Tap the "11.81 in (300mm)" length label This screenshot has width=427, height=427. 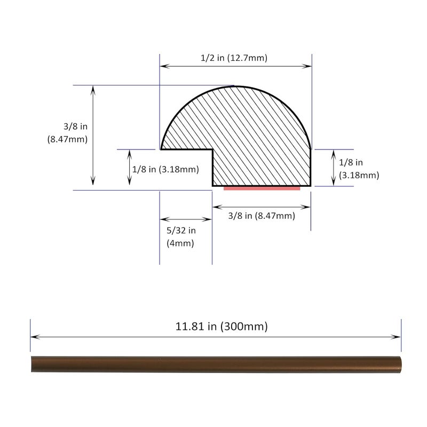coord(222,326)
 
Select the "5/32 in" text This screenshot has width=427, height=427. coord(181,231)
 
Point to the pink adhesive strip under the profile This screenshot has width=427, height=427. coord(262,188)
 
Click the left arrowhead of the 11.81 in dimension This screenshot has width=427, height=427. coord(33,337)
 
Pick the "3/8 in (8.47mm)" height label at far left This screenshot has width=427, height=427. coord(67,133)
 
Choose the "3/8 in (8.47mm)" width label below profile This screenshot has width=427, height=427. coord(261,216)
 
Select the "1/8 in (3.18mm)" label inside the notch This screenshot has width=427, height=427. coord(165,170)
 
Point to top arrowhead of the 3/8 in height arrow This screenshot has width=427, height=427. coord(93,89)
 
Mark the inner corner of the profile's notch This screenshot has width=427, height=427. coord(213,150)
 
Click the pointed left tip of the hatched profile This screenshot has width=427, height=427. coord(161,149)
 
